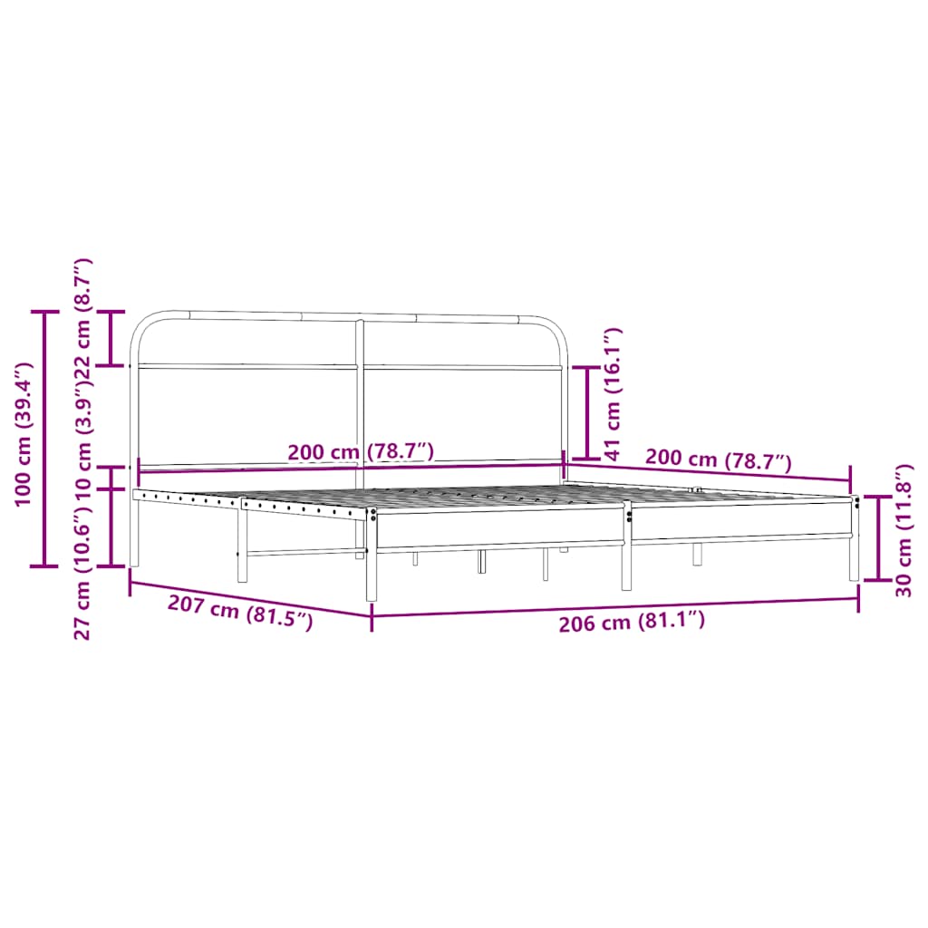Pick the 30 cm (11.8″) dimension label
[903, 531]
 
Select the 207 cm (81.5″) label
[240, 614]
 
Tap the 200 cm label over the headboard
[361, 452]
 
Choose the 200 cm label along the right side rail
[719, 459]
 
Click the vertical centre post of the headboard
[360, 399]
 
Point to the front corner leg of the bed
[371, 562]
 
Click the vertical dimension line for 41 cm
[587, 412]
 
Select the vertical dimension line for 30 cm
[878, 537]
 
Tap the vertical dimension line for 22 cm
[111, 338]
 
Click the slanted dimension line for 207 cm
[249, 599]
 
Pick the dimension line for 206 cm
[614, 607]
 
